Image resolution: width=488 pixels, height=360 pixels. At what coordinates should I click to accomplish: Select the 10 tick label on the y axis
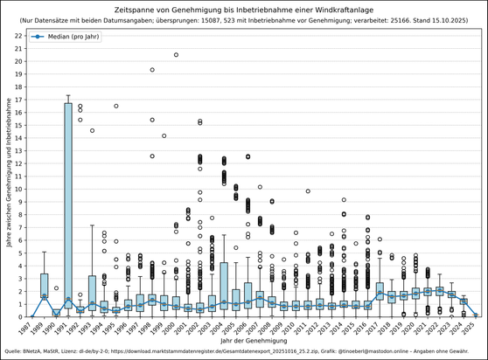tap(19, 189)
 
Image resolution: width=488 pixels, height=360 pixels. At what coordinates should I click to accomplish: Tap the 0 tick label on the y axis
tap(22, 316)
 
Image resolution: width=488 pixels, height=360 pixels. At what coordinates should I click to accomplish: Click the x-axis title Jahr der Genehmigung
tap(254, 341)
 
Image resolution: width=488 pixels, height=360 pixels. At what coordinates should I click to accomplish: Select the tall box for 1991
tap(68, 205)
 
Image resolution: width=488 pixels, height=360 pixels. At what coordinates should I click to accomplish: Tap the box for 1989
tap(45, 286)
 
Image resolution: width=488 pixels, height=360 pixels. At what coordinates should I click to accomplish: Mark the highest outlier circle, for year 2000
tap(176, 55)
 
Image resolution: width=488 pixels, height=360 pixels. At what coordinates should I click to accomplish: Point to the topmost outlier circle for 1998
tap(152, 70)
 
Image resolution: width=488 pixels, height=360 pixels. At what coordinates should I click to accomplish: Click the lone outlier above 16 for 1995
tap(115, 106)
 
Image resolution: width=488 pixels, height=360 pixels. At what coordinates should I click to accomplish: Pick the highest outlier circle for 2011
tap(308, 191)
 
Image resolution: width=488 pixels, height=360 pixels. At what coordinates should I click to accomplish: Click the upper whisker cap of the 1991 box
tap(68, 95)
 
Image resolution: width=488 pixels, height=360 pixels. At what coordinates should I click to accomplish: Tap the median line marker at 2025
tap(475, 314)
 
